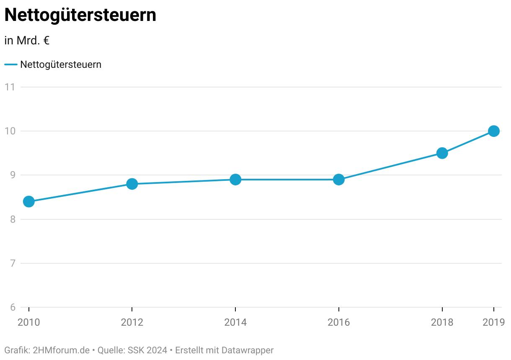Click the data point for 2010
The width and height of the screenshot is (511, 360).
tap(29, 201)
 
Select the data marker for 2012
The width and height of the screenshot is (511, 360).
tap(132, 184)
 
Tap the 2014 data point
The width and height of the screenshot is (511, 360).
tap(235, 180)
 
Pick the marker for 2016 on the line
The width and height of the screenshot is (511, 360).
tap(339, 180)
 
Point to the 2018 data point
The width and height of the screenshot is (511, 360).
tap(442, 153)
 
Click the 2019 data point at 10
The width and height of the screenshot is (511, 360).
tap(494, 131)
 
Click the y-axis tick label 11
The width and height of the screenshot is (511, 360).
tap(10, 87)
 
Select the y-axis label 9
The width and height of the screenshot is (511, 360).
tap(13, 175)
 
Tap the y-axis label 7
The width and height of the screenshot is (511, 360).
tap(13, 263)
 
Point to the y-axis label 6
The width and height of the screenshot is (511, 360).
tap(13, 307)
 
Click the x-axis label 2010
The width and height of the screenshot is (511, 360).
tap(29, 322)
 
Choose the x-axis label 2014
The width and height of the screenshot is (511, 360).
tap(235, 322)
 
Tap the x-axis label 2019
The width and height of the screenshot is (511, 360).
tap(494, 322)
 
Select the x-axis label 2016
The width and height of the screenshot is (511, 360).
tap(339, 322)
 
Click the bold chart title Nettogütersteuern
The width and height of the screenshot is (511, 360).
tap(80, 15)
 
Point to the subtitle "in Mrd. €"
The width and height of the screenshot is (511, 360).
tap(27, 41)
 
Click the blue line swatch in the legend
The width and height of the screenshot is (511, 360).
tap(11, 64)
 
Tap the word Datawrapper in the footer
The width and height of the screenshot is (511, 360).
tap(248, 350)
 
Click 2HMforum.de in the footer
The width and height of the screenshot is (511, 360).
tap(61, 350)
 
